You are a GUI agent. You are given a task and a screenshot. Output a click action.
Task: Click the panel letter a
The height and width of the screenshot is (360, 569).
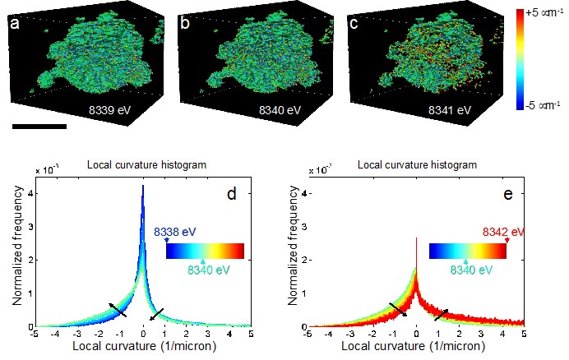coord(15,24)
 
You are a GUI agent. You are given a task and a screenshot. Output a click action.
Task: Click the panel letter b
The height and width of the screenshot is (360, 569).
coord(185,24)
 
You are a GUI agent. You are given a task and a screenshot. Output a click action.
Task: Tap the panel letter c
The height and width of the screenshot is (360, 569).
coord(354,24)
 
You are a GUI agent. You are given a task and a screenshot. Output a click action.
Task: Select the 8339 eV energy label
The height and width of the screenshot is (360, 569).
coord(112,108)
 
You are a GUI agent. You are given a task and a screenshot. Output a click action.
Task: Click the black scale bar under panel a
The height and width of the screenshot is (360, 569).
coord(39,127)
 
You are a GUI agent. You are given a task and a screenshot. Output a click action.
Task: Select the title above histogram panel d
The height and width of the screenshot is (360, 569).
coord(146,166)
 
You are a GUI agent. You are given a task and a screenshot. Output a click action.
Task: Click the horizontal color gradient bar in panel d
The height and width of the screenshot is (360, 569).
coord(205,250)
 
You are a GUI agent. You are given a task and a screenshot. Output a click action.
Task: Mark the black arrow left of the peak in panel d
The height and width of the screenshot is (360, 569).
coord(118,310)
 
